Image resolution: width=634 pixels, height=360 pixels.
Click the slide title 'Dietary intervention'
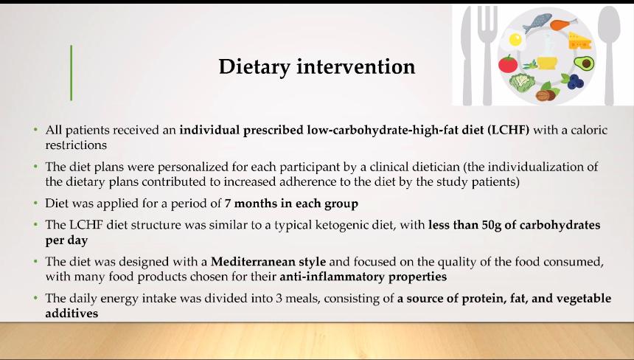(x=316, y=66)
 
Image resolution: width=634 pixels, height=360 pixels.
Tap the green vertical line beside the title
(x=72, y=73)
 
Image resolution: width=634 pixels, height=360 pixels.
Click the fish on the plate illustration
(x=537, y=23)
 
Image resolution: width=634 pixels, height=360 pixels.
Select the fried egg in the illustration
(x=513, y=39)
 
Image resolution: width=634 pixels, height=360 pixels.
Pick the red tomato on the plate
(x=508, y=64)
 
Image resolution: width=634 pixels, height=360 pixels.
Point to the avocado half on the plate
(x=584, y=63)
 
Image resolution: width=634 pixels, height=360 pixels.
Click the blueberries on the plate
(x=574, y=81)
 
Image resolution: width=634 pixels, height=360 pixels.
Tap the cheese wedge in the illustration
(x=579, y=41)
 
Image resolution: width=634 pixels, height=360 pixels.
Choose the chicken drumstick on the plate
(x=564, y=24)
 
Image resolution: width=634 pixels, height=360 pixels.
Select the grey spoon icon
(x=609, y=55)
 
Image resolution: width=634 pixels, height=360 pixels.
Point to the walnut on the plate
(x=545, y=95)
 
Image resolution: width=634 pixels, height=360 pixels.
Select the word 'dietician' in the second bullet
(x=436, y=167)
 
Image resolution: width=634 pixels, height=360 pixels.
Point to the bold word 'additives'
(x=72, y=314)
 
